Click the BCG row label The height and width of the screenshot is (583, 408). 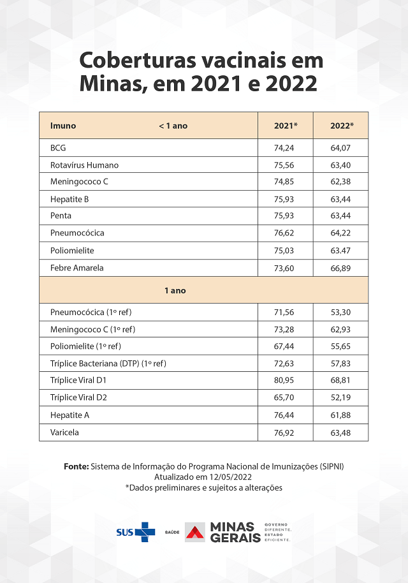(x=58, y=147)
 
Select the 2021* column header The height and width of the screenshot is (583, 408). (x=286, y=126)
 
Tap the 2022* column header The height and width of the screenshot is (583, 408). (x=341, y=126)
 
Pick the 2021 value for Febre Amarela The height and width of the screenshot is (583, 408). (x=286, y=268)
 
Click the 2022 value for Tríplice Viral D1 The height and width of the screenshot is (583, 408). (x=341, y=380)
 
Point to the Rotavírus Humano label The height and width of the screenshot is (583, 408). (x=84, y=165)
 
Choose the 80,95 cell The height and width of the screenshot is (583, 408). (x=286, y=380)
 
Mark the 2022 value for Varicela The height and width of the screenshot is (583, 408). (x=341, y=432)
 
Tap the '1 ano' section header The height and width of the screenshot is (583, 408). (x=175, y=290)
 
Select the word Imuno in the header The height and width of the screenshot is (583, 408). (x=63, y=126)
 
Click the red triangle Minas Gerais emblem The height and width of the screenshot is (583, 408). (x=195, y=532)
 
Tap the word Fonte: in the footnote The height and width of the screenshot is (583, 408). (x=76, y=466)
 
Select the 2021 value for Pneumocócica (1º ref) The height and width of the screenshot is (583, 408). (x=286, y=313)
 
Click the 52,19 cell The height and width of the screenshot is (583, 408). (x=341, y=397)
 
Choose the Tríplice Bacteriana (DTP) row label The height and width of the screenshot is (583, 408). (x=108, y=363)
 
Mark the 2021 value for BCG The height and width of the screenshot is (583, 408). (x=286, y=147)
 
